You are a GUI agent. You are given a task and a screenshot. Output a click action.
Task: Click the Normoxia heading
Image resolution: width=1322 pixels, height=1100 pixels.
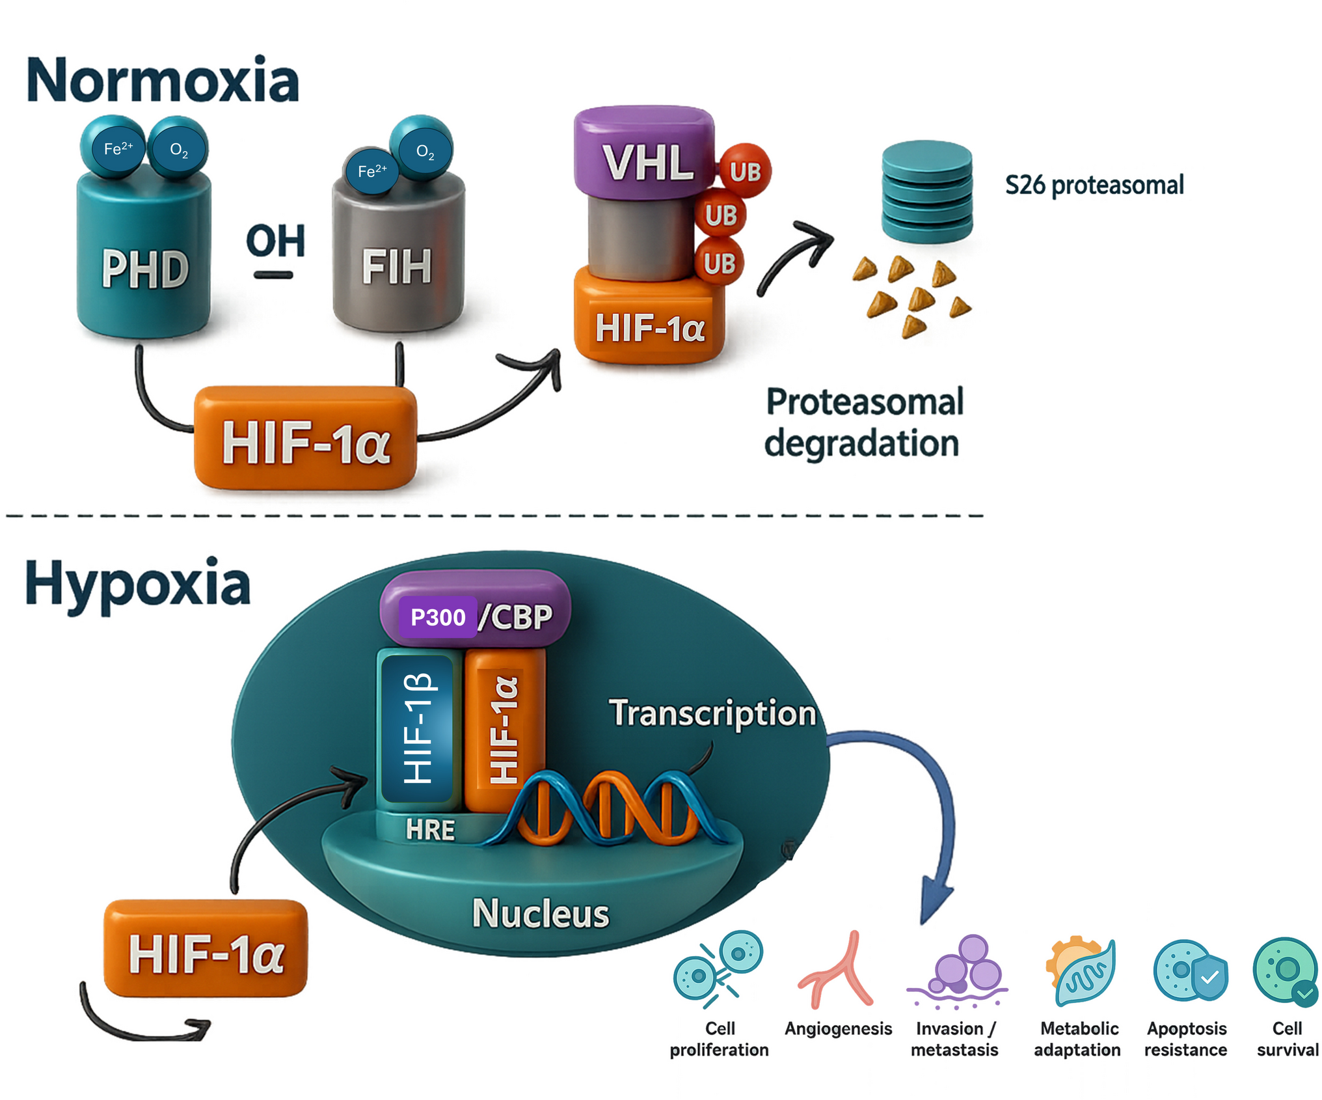click(x=163, y=81)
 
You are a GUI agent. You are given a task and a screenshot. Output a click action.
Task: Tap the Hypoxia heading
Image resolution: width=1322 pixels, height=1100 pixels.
click(x=137, y=584)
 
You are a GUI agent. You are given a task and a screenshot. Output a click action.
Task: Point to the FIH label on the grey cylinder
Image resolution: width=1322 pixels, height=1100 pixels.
click(x=397, y=267)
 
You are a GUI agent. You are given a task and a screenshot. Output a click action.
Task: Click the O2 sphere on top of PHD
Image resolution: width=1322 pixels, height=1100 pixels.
click(x=178, y=148)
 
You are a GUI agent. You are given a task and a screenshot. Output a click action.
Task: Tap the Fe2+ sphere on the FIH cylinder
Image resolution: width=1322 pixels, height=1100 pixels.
click(x=371, y=171)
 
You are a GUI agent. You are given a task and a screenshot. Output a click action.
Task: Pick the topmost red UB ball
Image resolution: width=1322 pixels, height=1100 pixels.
click(x=744, y=171)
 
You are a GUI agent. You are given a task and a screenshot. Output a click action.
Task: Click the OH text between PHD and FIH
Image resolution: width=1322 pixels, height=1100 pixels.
click(x=276, y=241)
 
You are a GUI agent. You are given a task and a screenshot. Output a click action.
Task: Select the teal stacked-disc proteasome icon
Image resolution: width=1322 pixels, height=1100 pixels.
click(x=926, y=192)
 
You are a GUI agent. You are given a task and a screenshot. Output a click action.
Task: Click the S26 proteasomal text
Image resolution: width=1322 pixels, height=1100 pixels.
click(x=1094, y=185)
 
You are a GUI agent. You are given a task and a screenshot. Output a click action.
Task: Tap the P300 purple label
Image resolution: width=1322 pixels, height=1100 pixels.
click(x=438, y=616)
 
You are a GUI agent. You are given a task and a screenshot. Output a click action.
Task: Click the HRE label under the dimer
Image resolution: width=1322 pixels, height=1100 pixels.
click(x=430, y=830)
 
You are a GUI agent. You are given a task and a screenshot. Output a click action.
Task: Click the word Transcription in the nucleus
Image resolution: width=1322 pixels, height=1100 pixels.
click(x=712, y=713)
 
